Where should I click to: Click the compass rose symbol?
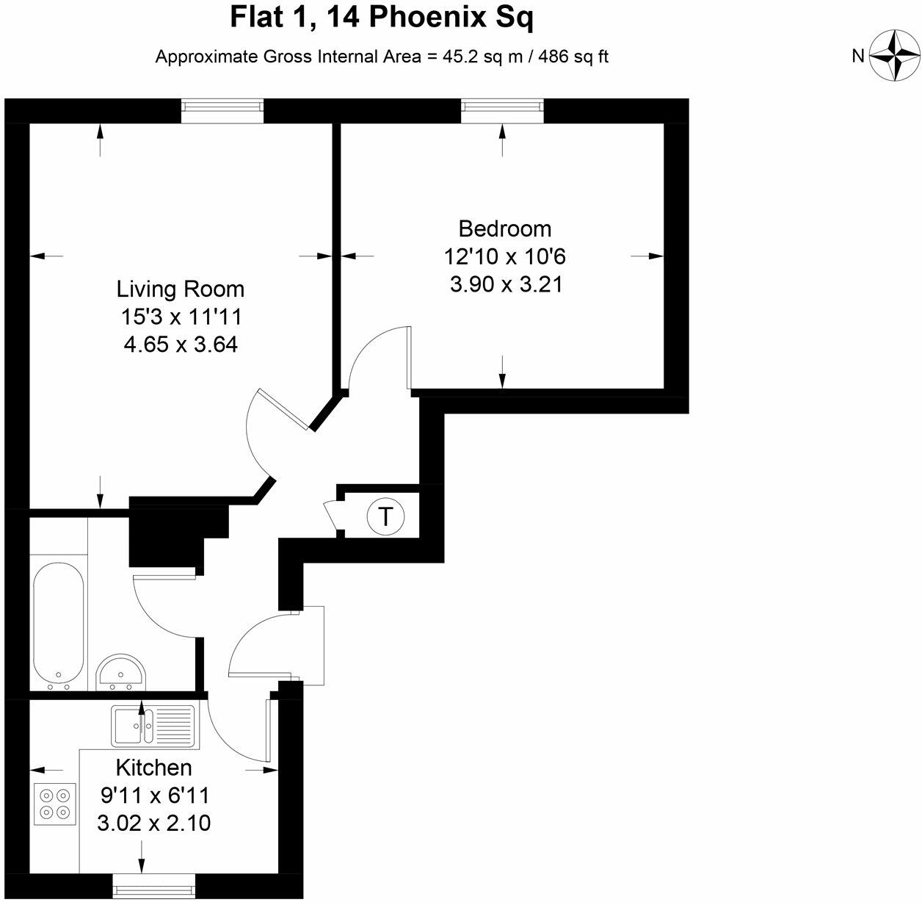coord(895,55)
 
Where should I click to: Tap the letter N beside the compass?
coord(858,56)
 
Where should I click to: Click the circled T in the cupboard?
coord(385,516)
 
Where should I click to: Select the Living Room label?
coord(181,289)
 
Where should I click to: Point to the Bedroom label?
coord(504,228)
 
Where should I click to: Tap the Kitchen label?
coord(154,768)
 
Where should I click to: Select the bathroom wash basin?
coord(121,672)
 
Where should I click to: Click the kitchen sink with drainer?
coord(154,726)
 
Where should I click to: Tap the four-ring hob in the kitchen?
coord(56,803)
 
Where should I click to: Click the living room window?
coord(222,110)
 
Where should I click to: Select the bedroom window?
coord(503,110)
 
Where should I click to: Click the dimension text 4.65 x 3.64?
coord(181,345)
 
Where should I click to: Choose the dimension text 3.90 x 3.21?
coord(506,284)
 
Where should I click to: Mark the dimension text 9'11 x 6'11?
coord(154,796)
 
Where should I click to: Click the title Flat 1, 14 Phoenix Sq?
coord(382,18)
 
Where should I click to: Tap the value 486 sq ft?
coord(573,57)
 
